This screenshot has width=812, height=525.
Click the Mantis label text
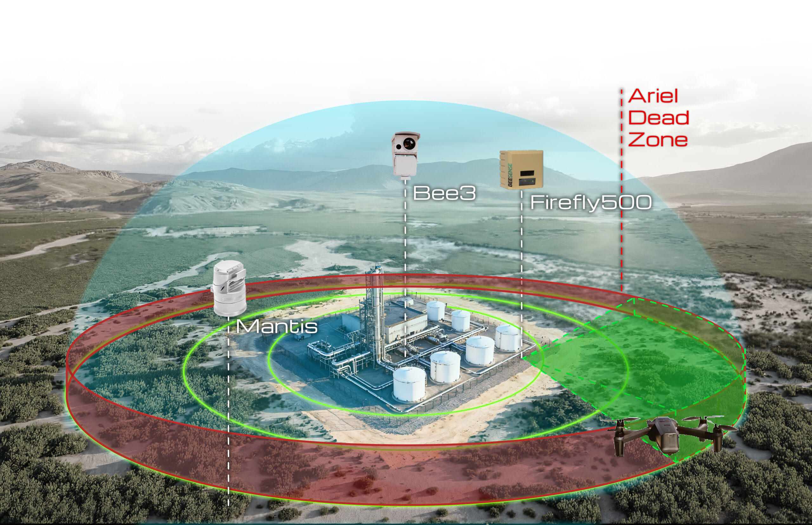pyautogui.click(x=277, y=327)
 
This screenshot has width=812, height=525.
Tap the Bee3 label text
pyautogui.click(x=444, y=193)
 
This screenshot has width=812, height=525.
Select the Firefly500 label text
pyautogui.click(x=591, y=203)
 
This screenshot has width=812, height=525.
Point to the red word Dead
pyautogui.click(x=658, y=118)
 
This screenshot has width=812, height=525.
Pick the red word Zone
pyautogui.click(x=658, y=140)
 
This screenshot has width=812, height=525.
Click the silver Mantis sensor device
pyautogui.click(x=229, y=288)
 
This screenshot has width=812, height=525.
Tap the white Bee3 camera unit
pyautogui.click(x=405, y=155)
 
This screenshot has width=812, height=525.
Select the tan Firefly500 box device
pyautogui.click(x=521, y=169)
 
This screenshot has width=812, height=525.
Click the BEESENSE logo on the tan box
pyautogui.click(x=510, y=175)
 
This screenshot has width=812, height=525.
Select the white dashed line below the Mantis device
pyautogui.click(x=228, y=411)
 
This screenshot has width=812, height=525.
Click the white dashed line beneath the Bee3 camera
pyautogui.click(x=405, y=268)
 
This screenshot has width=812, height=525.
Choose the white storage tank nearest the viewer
pyautogui.click(x=409, y=384)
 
